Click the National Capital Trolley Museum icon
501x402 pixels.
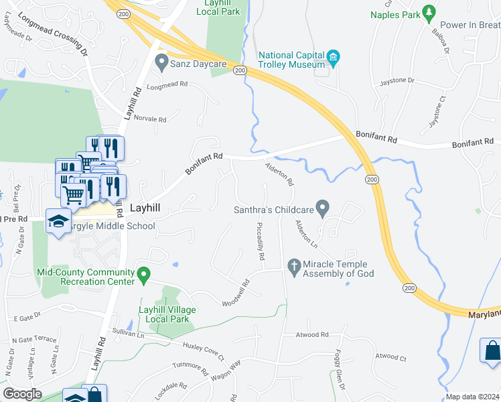tap(333, 60)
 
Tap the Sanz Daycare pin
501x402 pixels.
tap(161, 64)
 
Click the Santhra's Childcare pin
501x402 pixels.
tap(323, 209)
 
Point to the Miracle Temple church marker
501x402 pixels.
tap(293, 267)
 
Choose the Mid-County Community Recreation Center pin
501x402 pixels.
tap(143, 274)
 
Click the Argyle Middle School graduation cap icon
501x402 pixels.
tap(58, 220)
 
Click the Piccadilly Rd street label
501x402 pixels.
tap(261, 242)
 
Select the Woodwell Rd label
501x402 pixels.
tap(236, 293)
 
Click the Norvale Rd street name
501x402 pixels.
tap(149, 119)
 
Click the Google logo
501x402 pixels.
tap(22, 394)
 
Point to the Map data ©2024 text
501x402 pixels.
tap(472, 397)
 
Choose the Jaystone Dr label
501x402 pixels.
tap(397, 80)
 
